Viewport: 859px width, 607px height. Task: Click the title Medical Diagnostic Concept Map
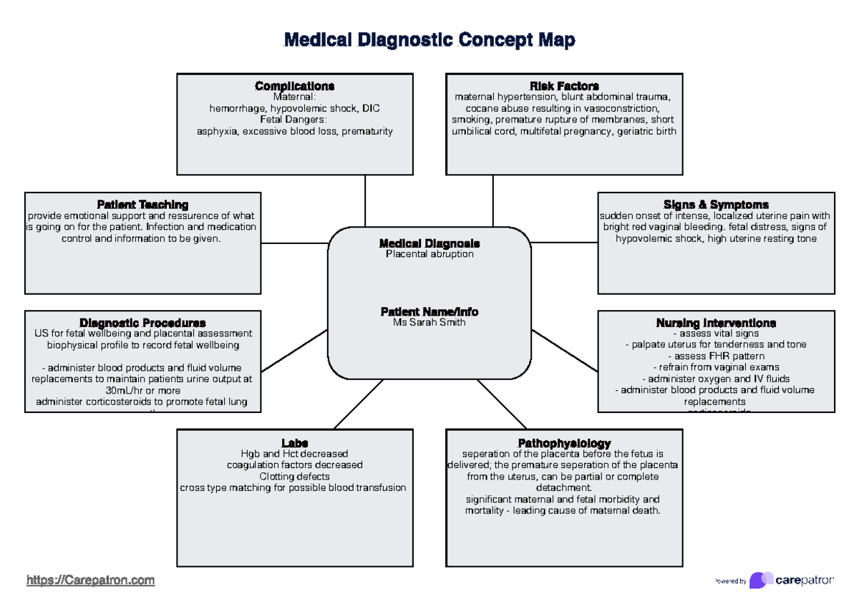(x=429, y=40)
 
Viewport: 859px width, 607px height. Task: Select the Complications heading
(x=294, y=86)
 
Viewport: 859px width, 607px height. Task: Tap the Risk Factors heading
(x=564, y=86)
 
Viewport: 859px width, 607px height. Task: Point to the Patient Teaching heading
(x=142, y=205)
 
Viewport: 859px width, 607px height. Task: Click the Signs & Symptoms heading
(x=716, y=205)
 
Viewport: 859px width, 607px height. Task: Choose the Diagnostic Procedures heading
(x=142, y=323)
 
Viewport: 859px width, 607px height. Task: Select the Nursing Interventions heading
(x=716, y=323)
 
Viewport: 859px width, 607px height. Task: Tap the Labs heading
(x=294, y=443)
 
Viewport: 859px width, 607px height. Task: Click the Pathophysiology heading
(x=564, y=443)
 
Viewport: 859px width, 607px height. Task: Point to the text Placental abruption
(x=429, y=254)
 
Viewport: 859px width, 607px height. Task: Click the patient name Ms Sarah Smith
(x=429, y=322)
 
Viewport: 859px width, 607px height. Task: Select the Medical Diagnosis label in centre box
(x=429, y=243)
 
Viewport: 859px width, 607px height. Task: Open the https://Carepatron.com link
(x=90, y=580)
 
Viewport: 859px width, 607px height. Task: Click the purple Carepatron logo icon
(x=760, y=580)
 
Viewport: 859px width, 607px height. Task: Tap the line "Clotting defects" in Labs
(x=294, y=476)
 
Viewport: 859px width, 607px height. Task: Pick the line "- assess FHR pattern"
(x=716, y=356)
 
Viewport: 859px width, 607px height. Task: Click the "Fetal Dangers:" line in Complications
(x=294, y=120)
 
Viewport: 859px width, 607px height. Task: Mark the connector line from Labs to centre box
(x=358, y=404)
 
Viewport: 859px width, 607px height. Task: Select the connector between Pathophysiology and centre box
(x=502, y=404)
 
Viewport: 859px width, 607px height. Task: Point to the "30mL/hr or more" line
(x=142, y=391)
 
